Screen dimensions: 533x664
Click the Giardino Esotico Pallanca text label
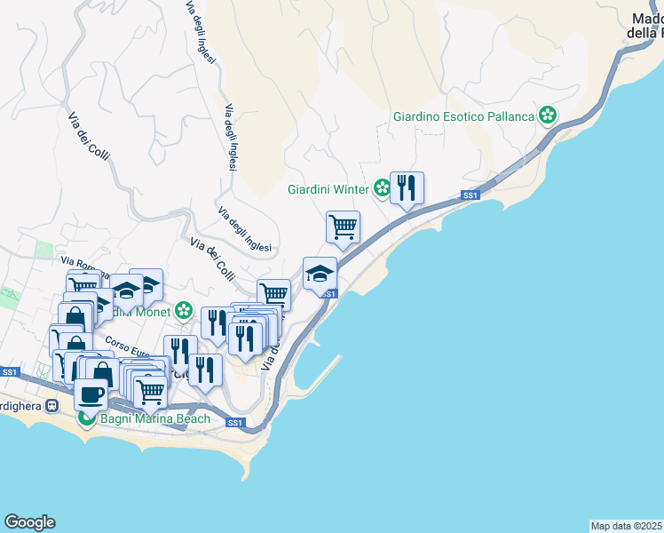pyautogui.click(x=463, y=116)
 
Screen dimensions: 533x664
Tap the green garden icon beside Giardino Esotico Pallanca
pyautogui.click(x=549, y=115)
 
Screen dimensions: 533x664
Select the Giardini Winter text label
pyautogui.click(x=328, y=189)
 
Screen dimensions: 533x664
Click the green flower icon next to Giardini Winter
pyautogui.click(x=381, y=188)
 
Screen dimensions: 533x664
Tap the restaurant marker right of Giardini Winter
pyautogui.click(x=407, y=188)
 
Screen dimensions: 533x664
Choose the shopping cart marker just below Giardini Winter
pyautogui.click(x=343, y=227)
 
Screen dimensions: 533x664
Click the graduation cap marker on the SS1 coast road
pyautogui.click(x=320, y=274)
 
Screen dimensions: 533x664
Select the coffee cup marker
pyautogui.click(x=91, y=393)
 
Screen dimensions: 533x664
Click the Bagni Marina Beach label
pyautogui.click(x=155, y=418)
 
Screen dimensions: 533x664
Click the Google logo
pyautogui.click(x=29, y=522)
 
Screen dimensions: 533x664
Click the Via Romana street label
pyautogui.click(x=81, y=262)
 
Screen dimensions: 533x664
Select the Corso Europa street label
pyautogui.click(x=124, y=345)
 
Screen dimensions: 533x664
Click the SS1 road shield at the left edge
pyautogui.click(x=9, y=372)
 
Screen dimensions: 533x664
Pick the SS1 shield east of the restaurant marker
pyautogui.click(x=470, y=195)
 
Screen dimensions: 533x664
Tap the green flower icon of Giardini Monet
pyautogui.click(x=183, y=311)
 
